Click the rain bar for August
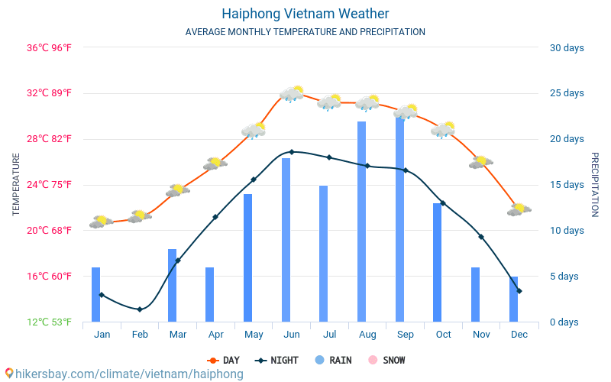[x=361, y=222]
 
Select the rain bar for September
[x=399, y=219]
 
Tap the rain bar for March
[x=173, y=285]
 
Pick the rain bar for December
[x=513, y=299]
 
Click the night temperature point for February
[x=140, y=309]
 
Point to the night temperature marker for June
[x=292, y=151]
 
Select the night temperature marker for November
[x=481, y=237]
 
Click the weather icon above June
[x=292, y=93]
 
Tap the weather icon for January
[x=102, y=222]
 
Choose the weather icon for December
[x=519, y=209]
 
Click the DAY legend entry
[x=223, y=360]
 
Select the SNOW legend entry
[x=386, y=360]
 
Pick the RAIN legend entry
[x=333, y=360]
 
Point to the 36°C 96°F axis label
[x=49, y=48]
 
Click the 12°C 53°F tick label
[x=49, y=322]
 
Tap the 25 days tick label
[x=567, y=93]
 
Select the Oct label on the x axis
[x=443, y=335]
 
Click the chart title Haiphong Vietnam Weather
[x=305, y=14]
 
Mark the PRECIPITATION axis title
[x=595, y=184]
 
